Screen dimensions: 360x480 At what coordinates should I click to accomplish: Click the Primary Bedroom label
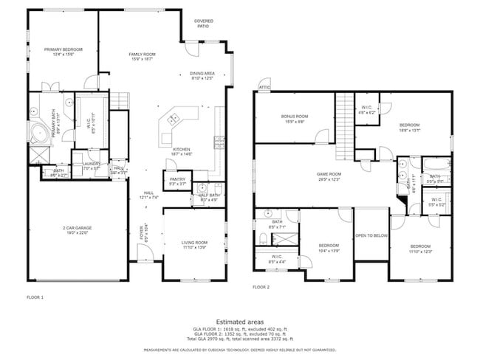63,50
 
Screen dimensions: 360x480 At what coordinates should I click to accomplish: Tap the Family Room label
142,55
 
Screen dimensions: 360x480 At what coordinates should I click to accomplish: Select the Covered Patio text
203,24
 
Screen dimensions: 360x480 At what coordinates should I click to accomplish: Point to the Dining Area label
202,75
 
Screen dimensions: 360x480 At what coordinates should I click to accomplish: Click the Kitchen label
182,151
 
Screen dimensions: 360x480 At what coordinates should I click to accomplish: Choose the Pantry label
177,180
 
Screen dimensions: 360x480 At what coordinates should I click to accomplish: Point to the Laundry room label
91,165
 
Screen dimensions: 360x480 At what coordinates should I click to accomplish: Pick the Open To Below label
371,236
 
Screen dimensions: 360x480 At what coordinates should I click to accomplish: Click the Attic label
264,88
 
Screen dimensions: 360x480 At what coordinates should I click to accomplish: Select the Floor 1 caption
36,297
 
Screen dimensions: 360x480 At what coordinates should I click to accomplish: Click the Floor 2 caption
261,287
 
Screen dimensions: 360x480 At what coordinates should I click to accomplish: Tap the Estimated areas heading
240,322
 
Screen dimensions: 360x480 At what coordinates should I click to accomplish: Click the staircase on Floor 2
344,126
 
